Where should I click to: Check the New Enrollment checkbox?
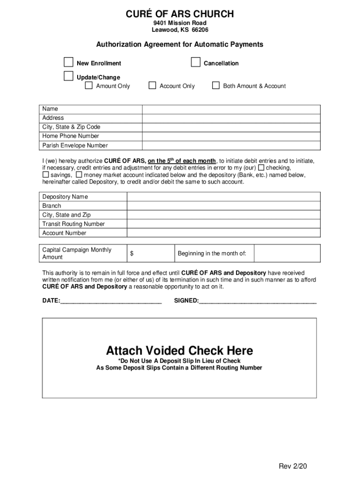tap(69, 63)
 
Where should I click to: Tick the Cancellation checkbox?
tap(196, 63)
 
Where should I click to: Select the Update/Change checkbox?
tap(69, 76)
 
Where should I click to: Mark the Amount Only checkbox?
tap(89, 86)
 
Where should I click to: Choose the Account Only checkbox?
tap(152, 86)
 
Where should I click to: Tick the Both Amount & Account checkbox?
tap(216, 86)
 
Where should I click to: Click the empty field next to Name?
tap(231, 109)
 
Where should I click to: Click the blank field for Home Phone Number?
tap(231, 136)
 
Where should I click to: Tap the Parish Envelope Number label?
tap(75, 145)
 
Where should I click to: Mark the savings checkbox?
tap(46, 175)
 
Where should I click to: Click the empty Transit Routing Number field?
tap(223, 224)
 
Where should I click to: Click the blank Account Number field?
tap(223, 233)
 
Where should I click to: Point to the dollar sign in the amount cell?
tap(132, 254)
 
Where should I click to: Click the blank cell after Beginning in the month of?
tap(287, 254)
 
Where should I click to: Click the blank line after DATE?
tap(111, 301)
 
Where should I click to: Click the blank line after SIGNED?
tap(258, 301)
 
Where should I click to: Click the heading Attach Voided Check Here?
tap(179, 350)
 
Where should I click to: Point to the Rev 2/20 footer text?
tap(293, 466)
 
